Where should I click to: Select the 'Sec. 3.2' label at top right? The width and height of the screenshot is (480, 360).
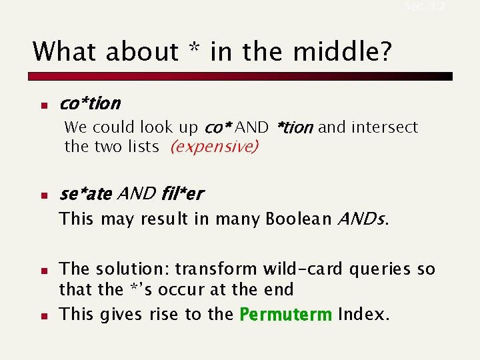(425, 7)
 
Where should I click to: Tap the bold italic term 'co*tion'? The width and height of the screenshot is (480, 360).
(90, 103)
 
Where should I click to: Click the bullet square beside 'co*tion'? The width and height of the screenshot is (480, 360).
(41, 105)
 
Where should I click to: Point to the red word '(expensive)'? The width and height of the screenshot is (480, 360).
(214, 147)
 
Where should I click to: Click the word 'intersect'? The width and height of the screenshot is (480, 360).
(385, 127)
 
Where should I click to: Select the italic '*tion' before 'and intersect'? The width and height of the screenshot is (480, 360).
(293, 127)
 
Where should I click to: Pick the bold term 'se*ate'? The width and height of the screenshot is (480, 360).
(85, 194)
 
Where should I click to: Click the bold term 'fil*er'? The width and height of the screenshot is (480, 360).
(182, 194)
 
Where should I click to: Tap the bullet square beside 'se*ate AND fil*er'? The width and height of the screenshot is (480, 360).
(41, 196)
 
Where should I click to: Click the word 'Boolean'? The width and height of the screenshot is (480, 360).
(299, 219)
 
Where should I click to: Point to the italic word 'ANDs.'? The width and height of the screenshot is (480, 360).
(363, 219)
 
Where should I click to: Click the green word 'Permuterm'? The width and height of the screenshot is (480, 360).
(285, 315)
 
